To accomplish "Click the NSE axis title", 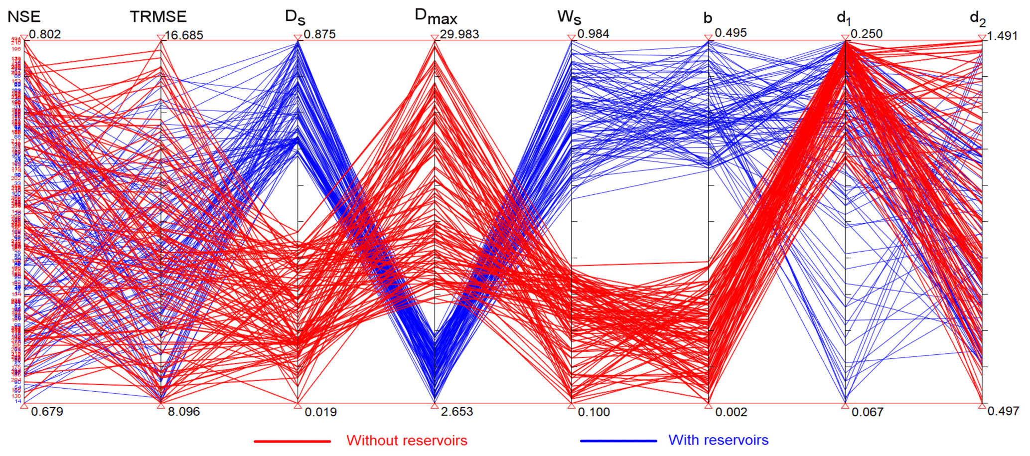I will point(24,17).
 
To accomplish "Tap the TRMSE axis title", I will point(158,17).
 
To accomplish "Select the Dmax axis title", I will point(436,17).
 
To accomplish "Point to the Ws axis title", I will point(569,17).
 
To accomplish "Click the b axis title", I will point(708,18).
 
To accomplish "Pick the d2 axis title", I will point(978,18).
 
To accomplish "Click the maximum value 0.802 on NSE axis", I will point(45,34).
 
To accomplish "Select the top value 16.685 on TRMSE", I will point(184,35).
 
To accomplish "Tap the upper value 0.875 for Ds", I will point(319,34).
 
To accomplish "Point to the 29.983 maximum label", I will point(459,34).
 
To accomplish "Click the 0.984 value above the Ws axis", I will point(593,34).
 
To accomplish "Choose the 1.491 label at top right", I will point(1003,36).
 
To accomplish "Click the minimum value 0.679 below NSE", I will point(47,412).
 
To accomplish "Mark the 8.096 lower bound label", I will point(183,412).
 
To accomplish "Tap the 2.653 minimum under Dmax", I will point(457,412).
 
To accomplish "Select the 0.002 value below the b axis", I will point(731,412).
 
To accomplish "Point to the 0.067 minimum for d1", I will point(868,412).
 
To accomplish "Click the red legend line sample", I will point(292,441).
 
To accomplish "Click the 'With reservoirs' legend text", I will point(718,440).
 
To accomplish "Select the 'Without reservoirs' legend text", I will point(407,441).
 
